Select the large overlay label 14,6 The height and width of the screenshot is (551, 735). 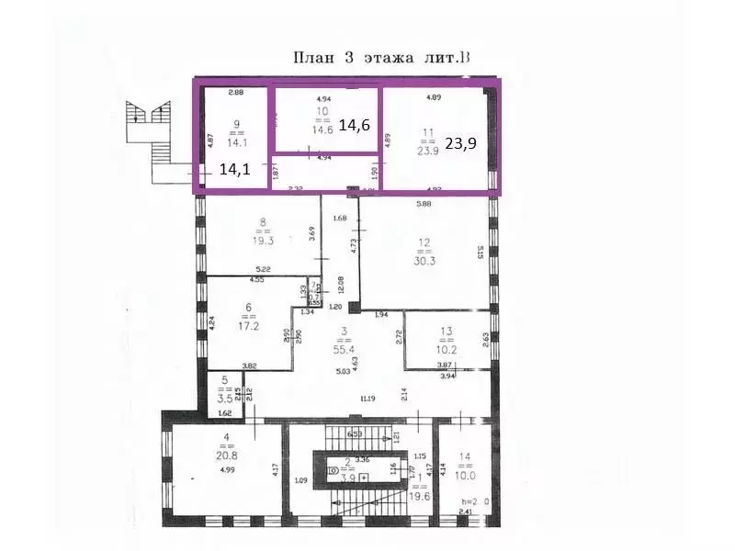point(355,125)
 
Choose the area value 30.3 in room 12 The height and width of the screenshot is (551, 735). point(424,259)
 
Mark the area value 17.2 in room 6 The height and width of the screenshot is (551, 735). point(247,325)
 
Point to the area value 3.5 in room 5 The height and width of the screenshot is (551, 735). point(223,400)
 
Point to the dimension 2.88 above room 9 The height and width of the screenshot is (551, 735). point(236,92)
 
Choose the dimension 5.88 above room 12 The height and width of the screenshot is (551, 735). point(424,204)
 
